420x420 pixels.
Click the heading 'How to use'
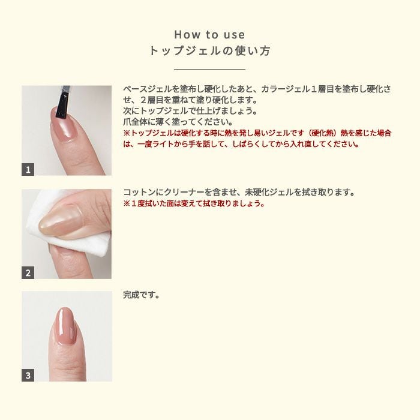209,35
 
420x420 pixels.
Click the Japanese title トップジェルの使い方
209,51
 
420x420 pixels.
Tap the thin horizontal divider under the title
209,69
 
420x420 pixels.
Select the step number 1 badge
28,169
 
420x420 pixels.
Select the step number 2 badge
28,272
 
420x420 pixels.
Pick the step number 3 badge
28,375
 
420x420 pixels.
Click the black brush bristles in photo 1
62,105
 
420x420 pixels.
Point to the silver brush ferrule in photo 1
65,89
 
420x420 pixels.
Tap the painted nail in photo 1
61,122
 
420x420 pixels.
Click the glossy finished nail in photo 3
66,326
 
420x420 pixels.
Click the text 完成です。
142,295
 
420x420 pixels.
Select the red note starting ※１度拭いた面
194,203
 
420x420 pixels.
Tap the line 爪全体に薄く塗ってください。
178,122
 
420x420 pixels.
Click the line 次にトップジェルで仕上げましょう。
190,110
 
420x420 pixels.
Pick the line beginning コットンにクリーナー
239,192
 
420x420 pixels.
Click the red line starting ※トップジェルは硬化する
257,133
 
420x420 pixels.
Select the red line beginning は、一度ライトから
241,144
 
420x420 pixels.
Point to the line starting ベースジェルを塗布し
257,89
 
